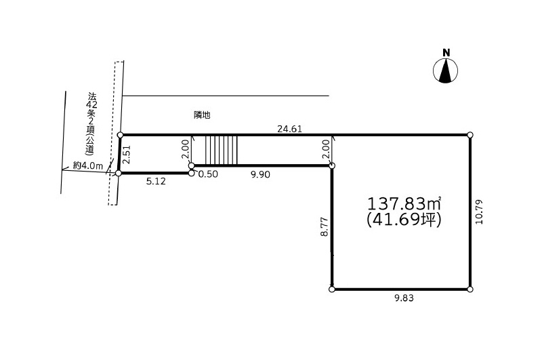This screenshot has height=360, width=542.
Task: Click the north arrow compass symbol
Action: [446, 71]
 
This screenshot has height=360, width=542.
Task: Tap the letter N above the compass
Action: [446, 53]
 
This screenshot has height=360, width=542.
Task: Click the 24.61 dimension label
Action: [290, 129]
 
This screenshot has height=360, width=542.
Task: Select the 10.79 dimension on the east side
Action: [479, 212]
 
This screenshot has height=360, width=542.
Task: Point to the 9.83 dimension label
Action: [404, 298]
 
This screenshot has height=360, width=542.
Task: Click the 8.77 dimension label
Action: [324, 226]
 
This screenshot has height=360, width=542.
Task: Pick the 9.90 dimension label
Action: [260, 175]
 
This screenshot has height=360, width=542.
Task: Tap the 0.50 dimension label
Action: [208, 174]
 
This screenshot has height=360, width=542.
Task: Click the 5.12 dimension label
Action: [156, 181]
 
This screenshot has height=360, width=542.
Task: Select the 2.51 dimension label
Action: [127, 154]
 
